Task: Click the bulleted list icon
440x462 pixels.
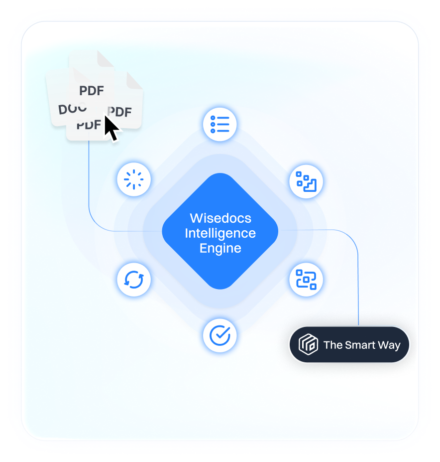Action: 220,124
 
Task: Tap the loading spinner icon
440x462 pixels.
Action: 133,179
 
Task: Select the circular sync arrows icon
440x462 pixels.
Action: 133,280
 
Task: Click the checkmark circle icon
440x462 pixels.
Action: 220,335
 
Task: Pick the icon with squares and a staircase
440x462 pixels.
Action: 306,181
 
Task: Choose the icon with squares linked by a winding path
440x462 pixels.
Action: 306,279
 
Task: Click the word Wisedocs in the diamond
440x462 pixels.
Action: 220,218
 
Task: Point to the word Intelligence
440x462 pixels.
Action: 220,233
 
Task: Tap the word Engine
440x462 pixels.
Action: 220,248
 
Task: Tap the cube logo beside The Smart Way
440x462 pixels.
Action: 308,345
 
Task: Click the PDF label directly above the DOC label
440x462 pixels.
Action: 92,91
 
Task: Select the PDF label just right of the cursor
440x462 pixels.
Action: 120,112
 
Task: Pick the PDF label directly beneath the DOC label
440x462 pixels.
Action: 88,125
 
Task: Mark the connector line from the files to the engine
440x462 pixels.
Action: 89,189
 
